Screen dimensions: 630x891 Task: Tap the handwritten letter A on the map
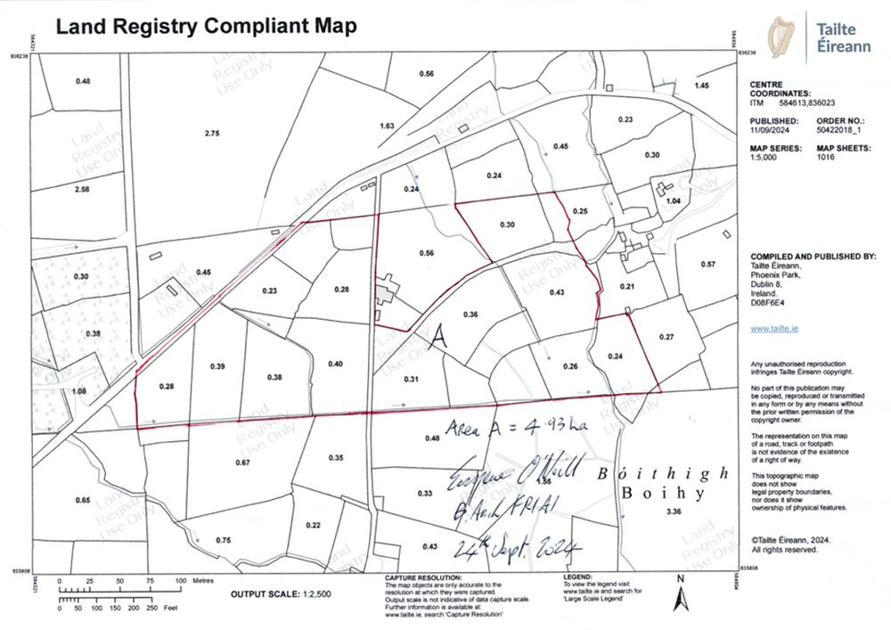(x=437, y=338)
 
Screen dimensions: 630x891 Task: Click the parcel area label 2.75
(x=212, y=133)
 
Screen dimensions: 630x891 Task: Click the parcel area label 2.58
(x=83, y=190)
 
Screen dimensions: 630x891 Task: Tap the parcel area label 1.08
(x=78, y=391)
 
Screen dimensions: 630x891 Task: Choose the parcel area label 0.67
(x=241, y=462)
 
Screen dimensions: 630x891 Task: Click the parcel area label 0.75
(x=224, y=541)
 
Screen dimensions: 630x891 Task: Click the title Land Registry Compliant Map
(x=206, y=26)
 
